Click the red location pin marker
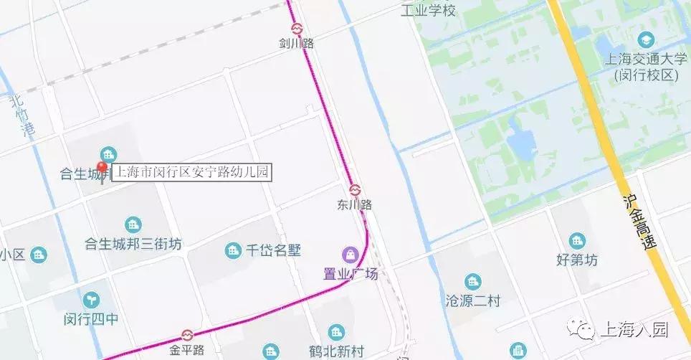[x=103, y=170]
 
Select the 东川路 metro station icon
[x=355, y=190]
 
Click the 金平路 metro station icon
[x=187, y=336]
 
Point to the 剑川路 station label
[x=297, y=44]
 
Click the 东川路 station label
[x=355, y=205]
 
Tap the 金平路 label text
[x=187, y=351]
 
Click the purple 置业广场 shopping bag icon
[x=350, y=254]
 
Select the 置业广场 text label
[x=350, y=272]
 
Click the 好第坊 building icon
[x=576, y=241]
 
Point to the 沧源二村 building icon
[x=472, y=281]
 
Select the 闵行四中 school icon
[x=91, y=299]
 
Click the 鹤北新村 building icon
[x=336, y=332]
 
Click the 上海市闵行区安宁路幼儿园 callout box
[x=192, y=172]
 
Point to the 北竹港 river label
[x=22, y=117]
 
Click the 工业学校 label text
[x=428, y=11]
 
